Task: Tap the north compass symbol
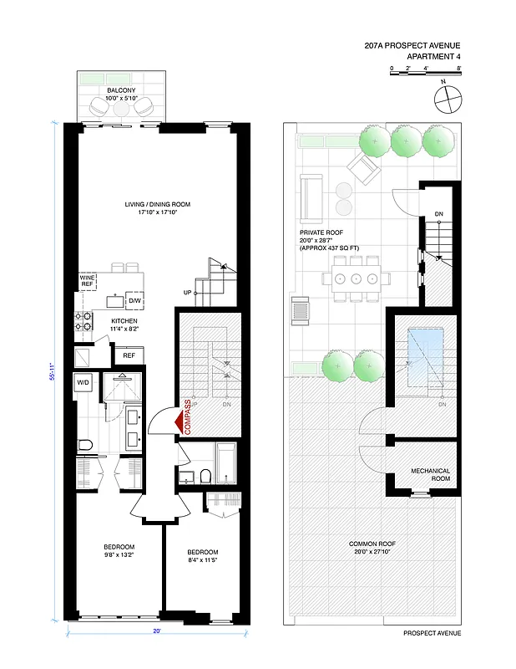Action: pyautogui.click(x=448, y=99)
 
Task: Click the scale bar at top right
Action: pyautogui.click(x=425, y=75)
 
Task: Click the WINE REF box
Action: pyautogui.click(x=88, y=280)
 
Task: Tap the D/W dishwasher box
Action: pyautogui.click(x=134, y=300)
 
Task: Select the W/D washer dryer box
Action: pyautogui.click(x=83, y=383)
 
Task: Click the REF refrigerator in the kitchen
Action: pyautogui.click(x=129, y=355)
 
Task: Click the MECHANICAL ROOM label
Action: pyautogui.click(x=431, y=475)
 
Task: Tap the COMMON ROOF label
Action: pyautogui.click(x=372, y=548)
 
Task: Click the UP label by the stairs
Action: pyautogui.click(x=188, y=293)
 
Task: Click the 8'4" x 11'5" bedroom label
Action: pyautogui.click(x=202, y=556)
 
